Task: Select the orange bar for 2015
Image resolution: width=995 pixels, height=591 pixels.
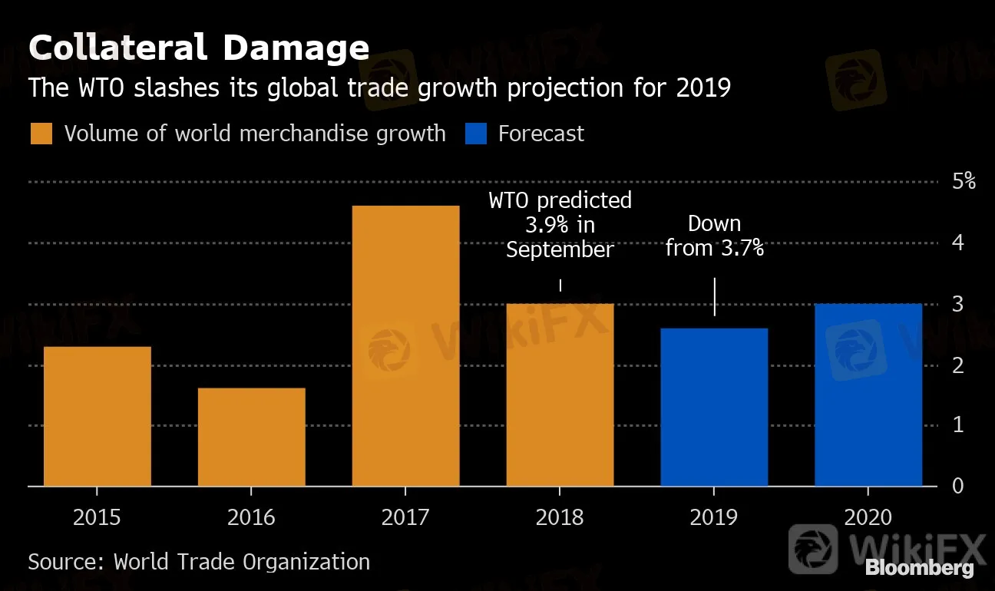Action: (98, 416)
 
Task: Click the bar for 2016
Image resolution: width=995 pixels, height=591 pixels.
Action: (252, 437)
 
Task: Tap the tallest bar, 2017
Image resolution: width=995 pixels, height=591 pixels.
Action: (405, 345)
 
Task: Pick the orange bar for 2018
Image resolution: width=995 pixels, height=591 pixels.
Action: (560, 395)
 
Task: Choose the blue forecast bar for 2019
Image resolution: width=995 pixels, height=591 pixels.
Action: (714, 407)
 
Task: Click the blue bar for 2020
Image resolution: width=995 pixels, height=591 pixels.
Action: (868, 395)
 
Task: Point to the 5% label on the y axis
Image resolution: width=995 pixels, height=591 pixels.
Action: (963, 182)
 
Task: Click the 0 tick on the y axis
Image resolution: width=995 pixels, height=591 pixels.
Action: (958, 486)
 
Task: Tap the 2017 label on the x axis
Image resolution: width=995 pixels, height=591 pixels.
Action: (405, 517)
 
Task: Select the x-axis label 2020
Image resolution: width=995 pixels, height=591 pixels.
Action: (868, 517)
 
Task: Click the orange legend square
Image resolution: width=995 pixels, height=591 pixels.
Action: (41, 134)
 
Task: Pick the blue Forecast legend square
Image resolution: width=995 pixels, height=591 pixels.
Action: (476, 134)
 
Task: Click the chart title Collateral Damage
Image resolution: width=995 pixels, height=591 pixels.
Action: (199, 48)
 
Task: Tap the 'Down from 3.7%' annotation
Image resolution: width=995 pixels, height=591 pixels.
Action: (714, 236)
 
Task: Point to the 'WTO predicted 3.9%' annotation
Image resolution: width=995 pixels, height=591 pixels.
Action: (560, 224)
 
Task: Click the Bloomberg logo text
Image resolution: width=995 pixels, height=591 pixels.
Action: (919, 569)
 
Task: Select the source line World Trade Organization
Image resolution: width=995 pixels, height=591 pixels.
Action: (199, 561)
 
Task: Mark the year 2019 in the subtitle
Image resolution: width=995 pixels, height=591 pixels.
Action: (702, 88)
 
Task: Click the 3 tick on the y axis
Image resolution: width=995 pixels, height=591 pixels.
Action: (958, 304)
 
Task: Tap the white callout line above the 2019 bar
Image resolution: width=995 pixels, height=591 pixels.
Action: (715, 296)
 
